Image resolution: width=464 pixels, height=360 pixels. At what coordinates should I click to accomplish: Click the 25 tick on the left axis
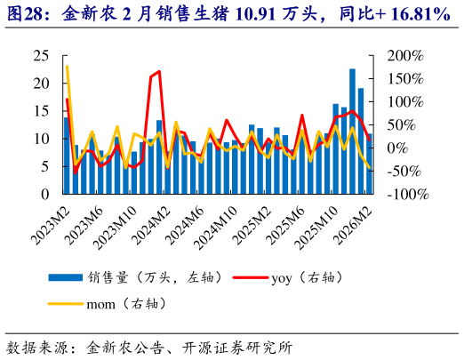pos(41,55)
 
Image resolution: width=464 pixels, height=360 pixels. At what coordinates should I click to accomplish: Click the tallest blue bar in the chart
pos(352,131)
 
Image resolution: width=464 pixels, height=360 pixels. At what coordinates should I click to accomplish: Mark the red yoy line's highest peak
pos(158,71)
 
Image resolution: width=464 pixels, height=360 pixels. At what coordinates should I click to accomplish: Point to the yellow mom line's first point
pos(67,67)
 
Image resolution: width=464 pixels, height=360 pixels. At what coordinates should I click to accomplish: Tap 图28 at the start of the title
pos(24,13)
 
